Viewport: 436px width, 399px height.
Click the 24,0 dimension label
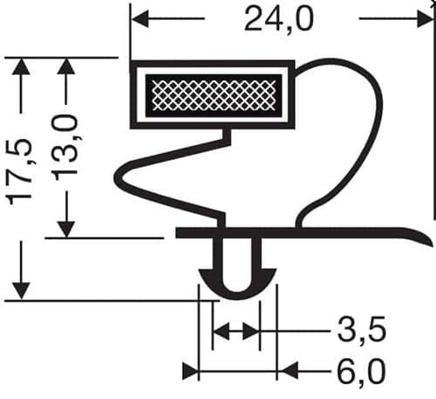[279, 19]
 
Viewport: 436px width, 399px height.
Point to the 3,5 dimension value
[362, 330]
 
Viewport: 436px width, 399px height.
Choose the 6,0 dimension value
[362, 372]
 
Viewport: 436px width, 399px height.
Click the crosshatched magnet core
[214, 96]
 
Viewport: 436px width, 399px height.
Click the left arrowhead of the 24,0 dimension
[140, 18]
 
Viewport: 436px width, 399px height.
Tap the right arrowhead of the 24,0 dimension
[426, 18]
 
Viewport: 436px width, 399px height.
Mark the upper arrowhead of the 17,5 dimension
[21, 67]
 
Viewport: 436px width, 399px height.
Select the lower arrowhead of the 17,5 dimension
[21, 290]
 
